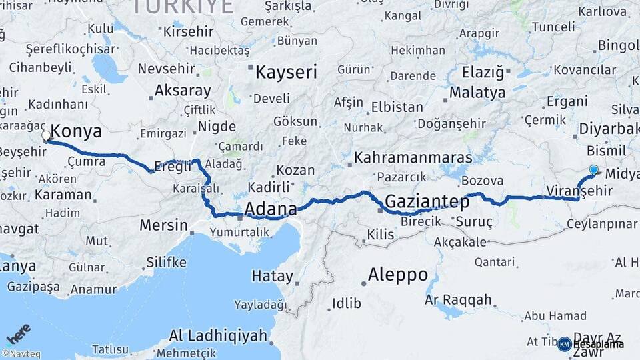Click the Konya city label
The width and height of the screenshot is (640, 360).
pos(77,131)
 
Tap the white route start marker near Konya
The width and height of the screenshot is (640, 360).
pos(46,136)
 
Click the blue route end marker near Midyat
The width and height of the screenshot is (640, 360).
pos(593,169)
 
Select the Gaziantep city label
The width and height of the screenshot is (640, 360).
pos(427,200)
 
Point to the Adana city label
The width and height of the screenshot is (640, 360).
pos(271,209)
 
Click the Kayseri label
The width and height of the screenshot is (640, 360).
pos(287,72)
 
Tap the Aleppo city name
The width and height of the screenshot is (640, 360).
pos(398,274)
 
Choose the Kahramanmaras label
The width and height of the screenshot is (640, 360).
pos(413,159)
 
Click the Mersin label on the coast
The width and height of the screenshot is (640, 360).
pos(164,225)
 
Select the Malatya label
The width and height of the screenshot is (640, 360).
pos(477,93)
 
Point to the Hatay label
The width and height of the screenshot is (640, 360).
pos(272,275)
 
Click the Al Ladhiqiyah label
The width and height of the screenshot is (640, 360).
pos(218,335)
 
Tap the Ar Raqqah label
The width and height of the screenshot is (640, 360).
pos(458,300)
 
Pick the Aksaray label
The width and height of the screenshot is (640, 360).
pos(183,90)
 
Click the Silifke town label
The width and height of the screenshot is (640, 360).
pos(166,262)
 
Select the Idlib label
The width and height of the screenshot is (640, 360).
pos(347,304)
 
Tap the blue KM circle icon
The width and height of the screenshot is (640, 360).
pos(564,344)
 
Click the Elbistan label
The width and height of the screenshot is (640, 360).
pos(397,107)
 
